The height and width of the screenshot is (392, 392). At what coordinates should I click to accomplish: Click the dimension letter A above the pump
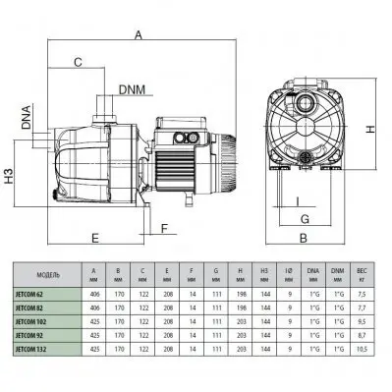click(x=139, y=35)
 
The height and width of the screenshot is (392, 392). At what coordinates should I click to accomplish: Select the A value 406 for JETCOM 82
click(x=93, y=306)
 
